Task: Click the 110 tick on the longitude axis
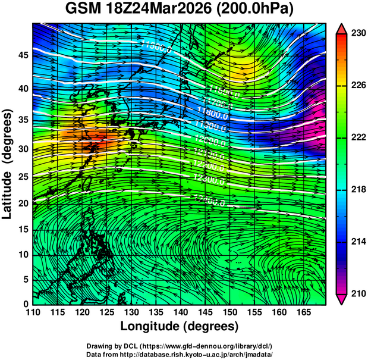click(x=33, y=312)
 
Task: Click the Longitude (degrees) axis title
click(x=179, y=326)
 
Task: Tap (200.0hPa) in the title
click(x=256, y=10)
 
